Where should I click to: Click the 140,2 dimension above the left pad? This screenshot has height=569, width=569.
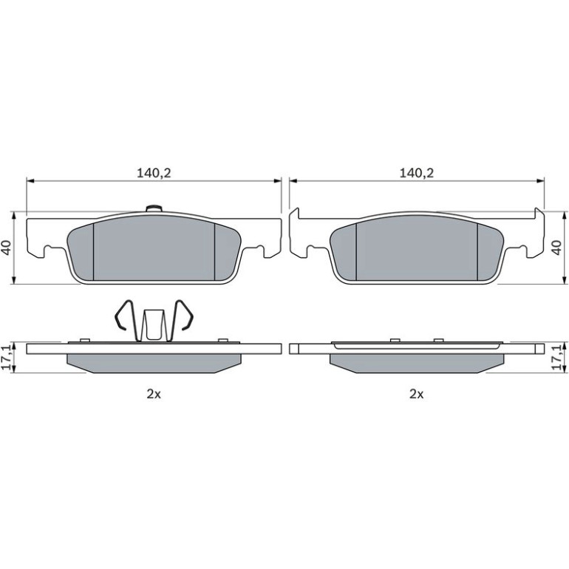[x=154, y=173]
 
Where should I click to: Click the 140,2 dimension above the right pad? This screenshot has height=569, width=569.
[x=417, y=173]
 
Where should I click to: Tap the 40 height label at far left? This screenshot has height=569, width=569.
[x=7, y=248]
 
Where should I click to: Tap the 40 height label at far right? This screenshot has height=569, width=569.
[x=556, y=248]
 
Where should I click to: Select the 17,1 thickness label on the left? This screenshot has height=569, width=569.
[x=7, y=358]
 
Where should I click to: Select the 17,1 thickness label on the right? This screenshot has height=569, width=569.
[x=556, y=358]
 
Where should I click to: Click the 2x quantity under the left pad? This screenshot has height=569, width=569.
[x=154, y=394]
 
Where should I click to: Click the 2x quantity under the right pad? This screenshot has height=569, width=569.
[x=417, y=394]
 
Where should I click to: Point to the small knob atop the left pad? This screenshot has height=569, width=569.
[x=154, y=208]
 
